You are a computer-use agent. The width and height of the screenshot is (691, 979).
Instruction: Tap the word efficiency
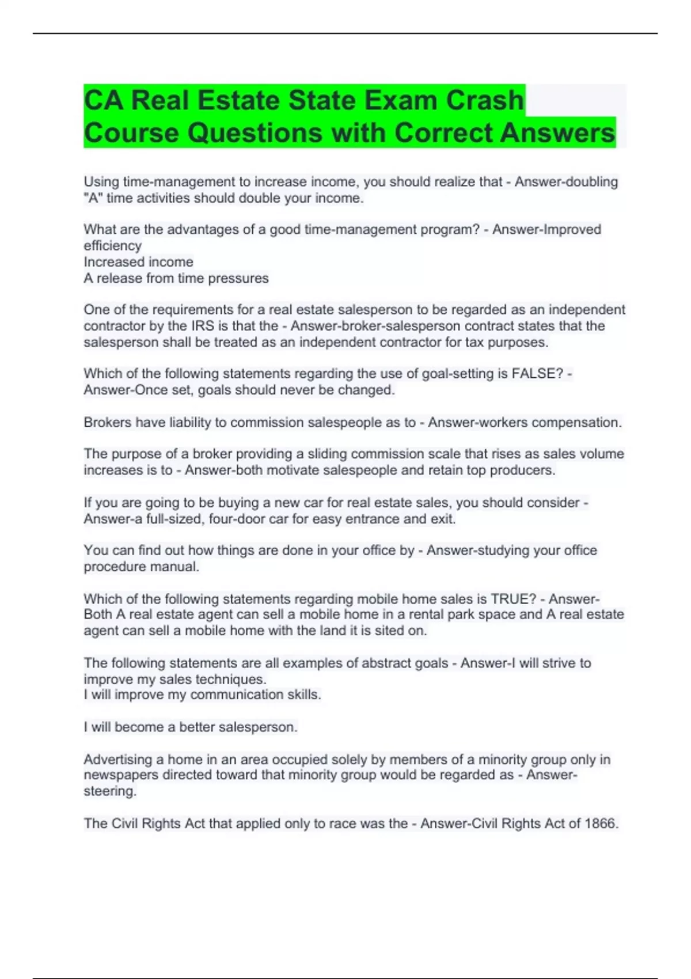click(x=112, y=246)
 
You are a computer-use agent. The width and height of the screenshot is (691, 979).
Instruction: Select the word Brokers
click(x=107, y=423)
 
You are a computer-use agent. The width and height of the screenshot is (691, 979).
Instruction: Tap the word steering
click(x=109, y=791)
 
